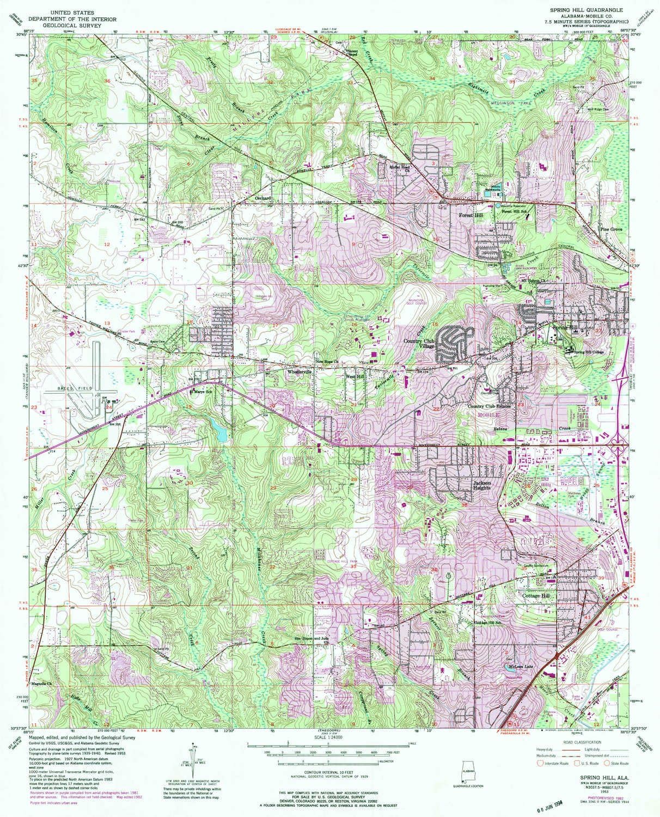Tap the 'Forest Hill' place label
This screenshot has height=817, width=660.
[470, 216]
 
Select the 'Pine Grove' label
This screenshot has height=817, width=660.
[611, 229]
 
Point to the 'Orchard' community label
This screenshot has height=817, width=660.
[263, 199]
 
